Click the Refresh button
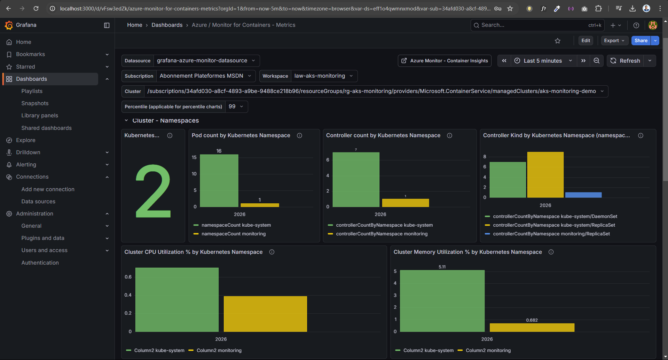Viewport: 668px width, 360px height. pyautogui.click(x=626, y=61)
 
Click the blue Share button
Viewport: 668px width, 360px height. pyautogui.click(x=641, y=40)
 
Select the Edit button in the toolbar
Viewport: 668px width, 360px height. pyautogui.click(x=586, y=40)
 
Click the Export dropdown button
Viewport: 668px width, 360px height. pyautogui.click(x=614, y=40)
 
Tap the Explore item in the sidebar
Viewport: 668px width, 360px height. pyautogui.click(x=25, y=140)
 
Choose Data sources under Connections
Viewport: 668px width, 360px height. pyautogui.click(x=38, y=201)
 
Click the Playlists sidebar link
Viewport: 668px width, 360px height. pyautogui.click(x=32, y=91)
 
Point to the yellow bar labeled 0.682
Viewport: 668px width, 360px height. pyautogui.click(x=532, y=327)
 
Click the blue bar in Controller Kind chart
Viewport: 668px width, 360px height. pyautogui.click(x=583, y=195)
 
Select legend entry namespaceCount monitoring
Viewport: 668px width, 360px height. pyautogui.click(x=233, y=234)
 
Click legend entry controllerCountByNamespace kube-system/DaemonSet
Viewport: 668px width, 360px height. pyautogui.click(x=555, y=216)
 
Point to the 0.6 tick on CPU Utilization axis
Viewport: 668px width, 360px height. pyautogui.click(x=128, y=277)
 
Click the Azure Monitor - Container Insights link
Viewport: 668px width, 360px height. pyautogui.click(x=445, y=61)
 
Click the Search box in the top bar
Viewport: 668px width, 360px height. pyautogui.click(x=533, y=25)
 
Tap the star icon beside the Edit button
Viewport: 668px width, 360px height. pyautogui.click(x=557, y=41)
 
